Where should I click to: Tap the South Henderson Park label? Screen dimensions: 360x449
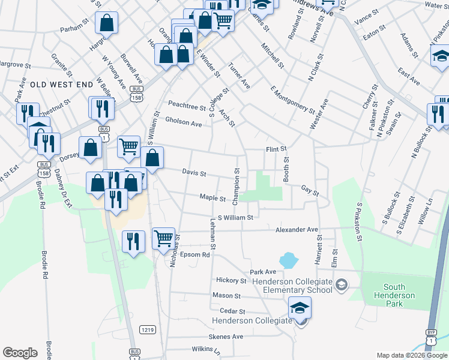(394, 291)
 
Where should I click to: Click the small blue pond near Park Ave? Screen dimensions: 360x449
(289, 260)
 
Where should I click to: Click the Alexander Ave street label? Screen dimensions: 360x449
(297, 229)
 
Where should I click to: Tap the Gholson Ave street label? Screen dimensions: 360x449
(184, 123)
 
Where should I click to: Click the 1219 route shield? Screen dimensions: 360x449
(147, 329)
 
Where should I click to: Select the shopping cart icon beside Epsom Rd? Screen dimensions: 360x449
(163, 238)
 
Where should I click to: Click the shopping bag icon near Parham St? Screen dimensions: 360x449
(106, 23)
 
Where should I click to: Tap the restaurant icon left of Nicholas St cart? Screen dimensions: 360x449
(133, 241)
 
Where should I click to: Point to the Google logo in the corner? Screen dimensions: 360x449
(20, 353)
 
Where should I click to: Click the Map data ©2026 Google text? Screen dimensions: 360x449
(412, 355)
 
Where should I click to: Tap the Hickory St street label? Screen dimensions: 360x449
(232, 280)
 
